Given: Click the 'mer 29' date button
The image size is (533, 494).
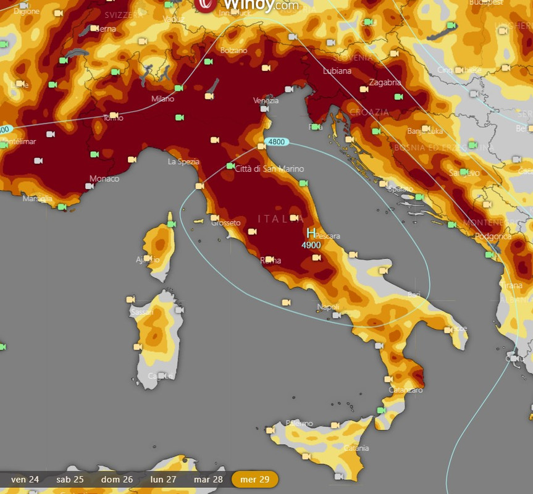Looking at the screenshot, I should click(x=254, y=479).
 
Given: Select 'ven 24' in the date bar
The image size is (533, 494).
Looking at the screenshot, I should click(x=25, y=479).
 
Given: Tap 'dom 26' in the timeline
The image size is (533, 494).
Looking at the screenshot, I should click(x=117, y=479).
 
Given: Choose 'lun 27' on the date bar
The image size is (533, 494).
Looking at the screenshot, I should click(x=163, y=479).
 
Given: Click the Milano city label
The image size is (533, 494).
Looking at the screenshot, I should click(x=162, y=99).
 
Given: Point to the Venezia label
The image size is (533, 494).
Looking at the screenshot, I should click(x=266, y=101).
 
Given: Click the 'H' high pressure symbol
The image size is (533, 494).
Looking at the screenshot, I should click(x=311, y=233).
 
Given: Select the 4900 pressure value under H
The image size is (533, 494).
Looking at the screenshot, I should click(x=311, y=245).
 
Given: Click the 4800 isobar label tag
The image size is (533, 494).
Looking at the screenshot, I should click(x=276, y=142).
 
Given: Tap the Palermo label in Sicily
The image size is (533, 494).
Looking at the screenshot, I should click(x=300, y=424).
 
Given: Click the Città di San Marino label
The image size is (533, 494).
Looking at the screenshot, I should click(x=270, y=169).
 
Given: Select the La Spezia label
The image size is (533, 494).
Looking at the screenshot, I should click(x=183, y=162).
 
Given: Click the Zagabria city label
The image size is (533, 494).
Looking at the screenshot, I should click(x=385, y=82).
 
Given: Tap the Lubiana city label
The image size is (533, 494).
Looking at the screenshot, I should click(x=337, y=71).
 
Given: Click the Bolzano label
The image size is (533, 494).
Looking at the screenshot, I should click(x=233, y=50).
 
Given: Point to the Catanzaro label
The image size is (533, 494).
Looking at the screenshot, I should click(x=406, y=390).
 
